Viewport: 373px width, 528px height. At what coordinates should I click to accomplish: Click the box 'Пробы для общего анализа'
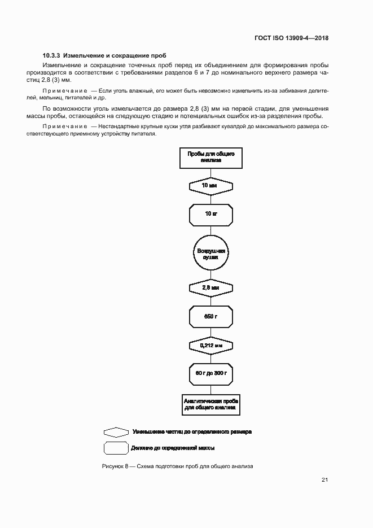point(210,156)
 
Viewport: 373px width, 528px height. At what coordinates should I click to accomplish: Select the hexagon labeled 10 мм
point(210,185)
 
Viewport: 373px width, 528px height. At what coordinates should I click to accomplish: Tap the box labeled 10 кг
point(210,214)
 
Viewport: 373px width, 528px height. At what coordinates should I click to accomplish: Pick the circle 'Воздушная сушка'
point(210,254)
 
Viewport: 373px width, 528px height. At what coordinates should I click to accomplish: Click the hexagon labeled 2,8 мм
point(210,287)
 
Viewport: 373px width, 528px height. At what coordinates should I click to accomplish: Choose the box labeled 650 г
point(210,316)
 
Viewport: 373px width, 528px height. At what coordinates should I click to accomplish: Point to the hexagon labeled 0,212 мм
point(210,344)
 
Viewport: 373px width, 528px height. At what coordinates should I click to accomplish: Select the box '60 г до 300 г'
point(210,373)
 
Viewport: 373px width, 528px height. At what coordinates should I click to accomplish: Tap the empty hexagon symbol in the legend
point(116,431)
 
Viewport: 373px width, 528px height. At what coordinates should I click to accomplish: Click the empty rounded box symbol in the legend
point(116,448)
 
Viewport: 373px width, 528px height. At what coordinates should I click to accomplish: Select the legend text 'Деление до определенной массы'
point(173,448)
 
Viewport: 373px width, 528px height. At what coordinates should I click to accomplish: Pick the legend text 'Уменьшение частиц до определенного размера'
point(192,431)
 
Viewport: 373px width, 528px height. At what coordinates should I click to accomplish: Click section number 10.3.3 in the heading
point(52,56)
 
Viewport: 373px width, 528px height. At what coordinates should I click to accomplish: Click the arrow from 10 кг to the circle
point(210,232)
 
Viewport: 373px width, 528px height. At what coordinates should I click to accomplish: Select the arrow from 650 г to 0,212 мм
point(210,332)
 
